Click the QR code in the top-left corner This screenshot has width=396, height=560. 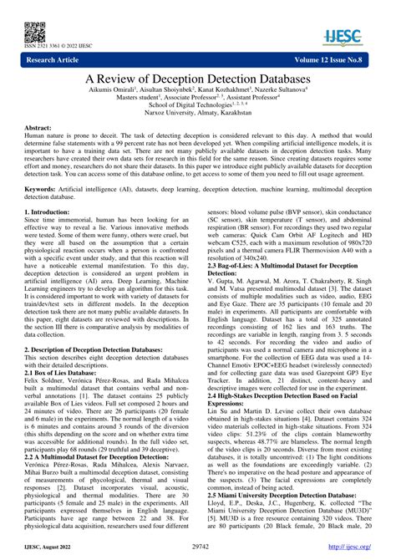(34, 31)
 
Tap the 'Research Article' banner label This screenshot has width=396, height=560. (56, 60)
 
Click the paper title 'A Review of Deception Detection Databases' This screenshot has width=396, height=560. (197, 77)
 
